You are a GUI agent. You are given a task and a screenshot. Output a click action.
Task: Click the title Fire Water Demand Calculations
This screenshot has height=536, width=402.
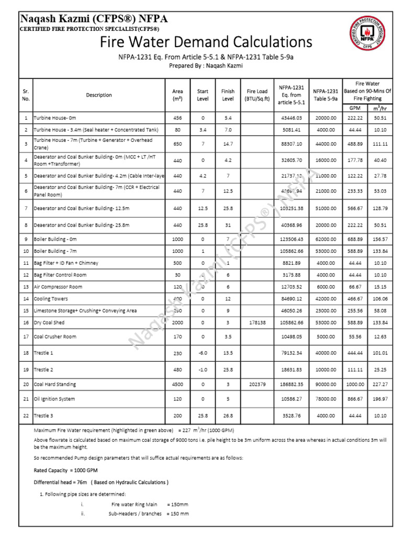coord(206,42)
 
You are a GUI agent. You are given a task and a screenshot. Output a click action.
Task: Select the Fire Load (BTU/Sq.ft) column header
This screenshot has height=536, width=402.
coord(254,95)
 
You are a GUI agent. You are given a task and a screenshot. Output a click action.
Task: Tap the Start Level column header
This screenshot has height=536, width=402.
coord(203,95)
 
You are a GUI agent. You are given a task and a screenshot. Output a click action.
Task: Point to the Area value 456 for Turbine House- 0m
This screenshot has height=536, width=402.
coord(177,118)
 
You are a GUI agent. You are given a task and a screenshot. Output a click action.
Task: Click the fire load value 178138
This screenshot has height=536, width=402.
coord(254,322)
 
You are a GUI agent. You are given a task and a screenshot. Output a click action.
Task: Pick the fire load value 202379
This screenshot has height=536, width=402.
coord(254,384)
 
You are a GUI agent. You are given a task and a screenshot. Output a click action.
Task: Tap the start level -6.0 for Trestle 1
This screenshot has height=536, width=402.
coord(203,353)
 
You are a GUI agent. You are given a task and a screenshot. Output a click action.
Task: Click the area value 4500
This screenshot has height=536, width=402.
coord(177,384)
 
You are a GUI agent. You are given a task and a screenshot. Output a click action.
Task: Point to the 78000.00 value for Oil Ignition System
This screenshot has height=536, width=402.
coord(326,399)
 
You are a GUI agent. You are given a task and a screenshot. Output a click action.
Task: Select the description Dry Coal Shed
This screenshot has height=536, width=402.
coord(50,322)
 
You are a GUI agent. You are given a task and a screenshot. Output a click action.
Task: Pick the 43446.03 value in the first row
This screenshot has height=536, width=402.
coord(291,118)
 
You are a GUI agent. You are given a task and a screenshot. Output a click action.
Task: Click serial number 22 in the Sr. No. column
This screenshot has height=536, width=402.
coord(26,415)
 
